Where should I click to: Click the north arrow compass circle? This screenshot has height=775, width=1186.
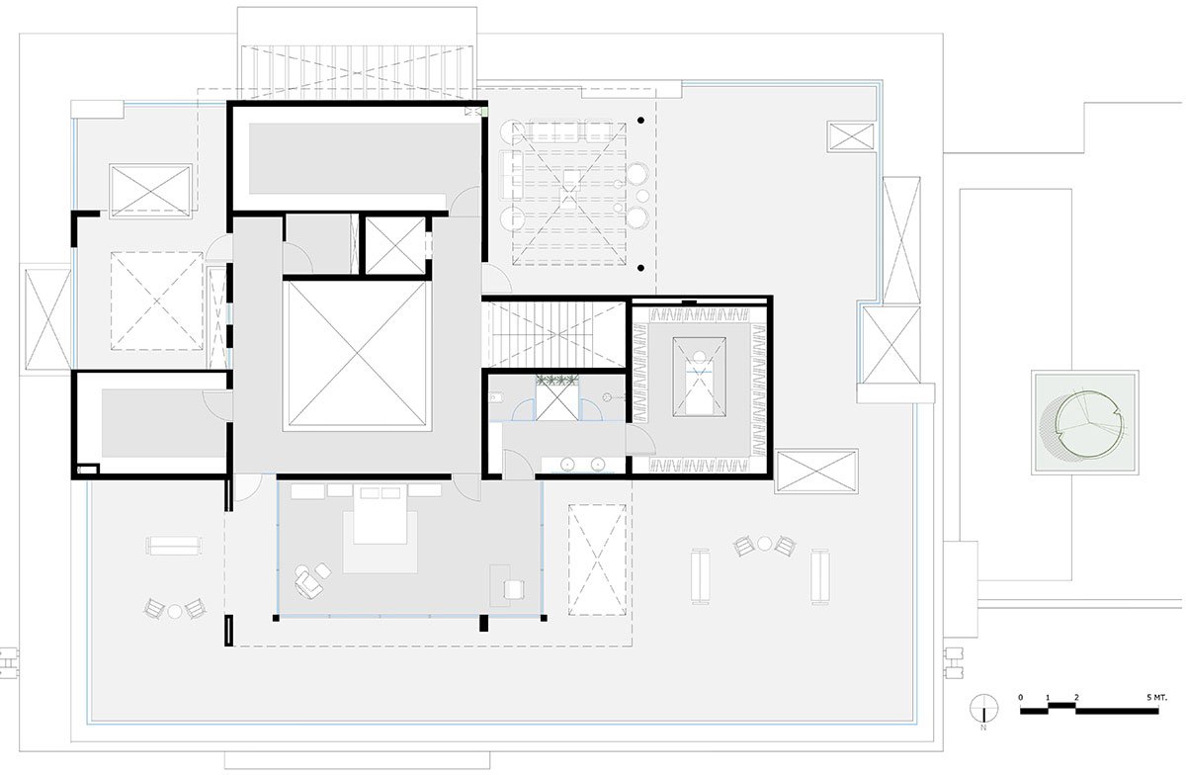click(x=983, y=709)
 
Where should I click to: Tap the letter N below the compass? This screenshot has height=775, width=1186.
click(x=983, y=728)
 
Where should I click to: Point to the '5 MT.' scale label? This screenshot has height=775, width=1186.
click(x=1156, y=698)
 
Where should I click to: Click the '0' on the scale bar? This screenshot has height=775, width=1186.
click(x=1021, y=697)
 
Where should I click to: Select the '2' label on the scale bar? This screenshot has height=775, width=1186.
click(x=1076, y=697)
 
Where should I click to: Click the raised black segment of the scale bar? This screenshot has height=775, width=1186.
click(x=1062, y=706)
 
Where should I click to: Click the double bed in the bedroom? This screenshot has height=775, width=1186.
click(x=380, y=515)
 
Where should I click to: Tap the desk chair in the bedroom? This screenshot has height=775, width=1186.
click(x=514, y=590)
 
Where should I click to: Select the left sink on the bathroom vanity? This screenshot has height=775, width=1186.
click(x=567, y=465)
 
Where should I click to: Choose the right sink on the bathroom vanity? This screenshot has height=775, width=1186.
click(x=598, y=465)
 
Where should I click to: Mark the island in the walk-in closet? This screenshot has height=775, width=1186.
click(x=699, y=377)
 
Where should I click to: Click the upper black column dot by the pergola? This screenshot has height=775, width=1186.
click(x=640, y=121)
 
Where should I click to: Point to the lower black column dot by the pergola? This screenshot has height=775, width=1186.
click(x=640, y=268)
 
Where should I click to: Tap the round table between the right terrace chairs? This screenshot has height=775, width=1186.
click(x=765, y=544)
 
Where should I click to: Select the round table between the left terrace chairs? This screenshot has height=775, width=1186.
click(x=175, y=611)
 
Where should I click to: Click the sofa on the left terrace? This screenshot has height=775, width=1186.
click(x=174, y=545)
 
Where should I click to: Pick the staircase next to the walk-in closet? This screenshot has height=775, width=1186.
click(x=555, y=334)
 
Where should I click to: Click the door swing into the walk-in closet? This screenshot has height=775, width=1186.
click(x=640, y=440)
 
